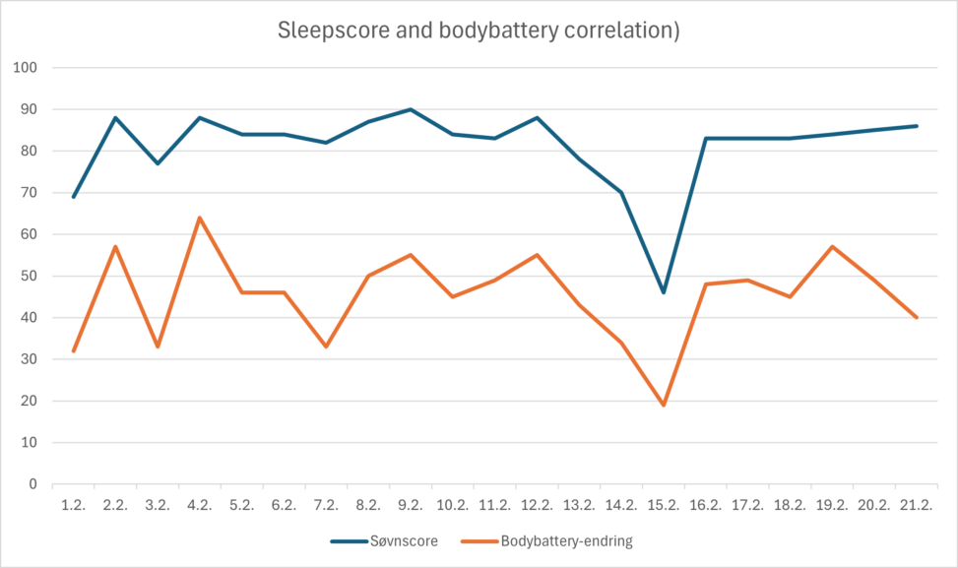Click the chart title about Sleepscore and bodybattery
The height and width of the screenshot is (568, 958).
click(x=479, y=31)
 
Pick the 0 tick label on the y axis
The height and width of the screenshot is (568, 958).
click(x=32, y=484)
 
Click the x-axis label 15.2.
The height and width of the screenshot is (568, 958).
click(x=663, y=505)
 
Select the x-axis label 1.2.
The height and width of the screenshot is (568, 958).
click(x=74, y=505)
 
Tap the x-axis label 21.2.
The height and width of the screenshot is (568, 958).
click(x=916, y=505)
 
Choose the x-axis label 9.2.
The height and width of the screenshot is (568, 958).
click(x=411, y=505)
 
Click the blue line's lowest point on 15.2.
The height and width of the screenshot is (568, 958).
click(x=664, y=292)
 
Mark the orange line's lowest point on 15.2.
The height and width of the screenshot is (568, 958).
click(x=664, y=405)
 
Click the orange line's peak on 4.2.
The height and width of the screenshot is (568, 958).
click(x=200, y=218)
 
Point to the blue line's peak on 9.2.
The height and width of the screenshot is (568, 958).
click(x=411, y=109)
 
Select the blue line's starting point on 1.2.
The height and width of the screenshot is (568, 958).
click(x=74, y=197)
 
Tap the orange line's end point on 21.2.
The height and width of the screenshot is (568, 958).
click(x=917, y=317)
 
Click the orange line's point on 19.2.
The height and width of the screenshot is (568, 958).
click(x=832, y=246)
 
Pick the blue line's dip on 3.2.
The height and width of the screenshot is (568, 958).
click(x=158, y=163)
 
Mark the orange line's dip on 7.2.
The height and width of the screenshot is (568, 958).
click(x=326, y=347)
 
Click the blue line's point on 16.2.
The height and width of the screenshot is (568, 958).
click(x=706, y=139)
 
